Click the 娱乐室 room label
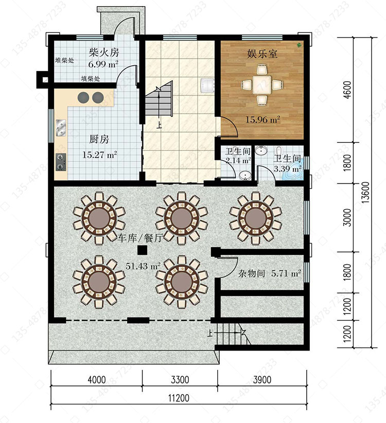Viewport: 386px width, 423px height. click(262, 54)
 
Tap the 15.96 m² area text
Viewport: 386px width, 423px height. click(262, 119)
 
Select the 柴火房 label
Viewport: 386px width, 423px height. click(104, 52)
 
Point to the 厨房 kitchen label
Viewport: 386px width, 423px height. click(99, 139)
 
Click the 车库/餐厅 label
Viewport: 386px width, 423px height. click(139, 238)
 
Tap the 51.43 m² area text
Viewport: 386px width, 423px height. click(143, 266)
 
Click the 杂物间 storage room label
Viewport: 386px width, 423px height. click(252, 273)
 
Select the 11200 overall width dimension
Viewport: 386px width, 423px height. click(179, 398)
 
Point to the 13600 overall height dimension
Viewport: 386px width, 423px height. click(365, 192)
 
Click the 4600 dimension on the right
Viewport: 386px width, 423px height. click(348, 90)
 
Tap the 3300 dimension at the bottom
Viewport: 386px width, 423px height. click(180, 380)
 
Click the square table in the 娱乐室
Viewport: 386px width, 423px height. click(262, 85)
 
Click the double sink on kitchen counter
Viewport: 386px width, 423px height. click(61, 127)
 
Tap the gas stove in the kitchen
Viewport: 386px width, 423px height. click(61, 162)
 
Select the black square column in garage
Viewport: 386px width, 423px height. click(142, 250)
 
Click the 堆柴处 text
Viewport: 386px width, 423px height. click(64, 60)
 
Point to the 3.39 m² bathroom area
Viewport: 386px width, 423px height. click(288, 169)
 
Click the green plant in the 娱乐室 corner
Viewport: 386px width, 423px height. click(300, 45)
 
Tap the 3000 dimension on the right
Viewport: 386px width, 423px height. click(348, 217)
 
